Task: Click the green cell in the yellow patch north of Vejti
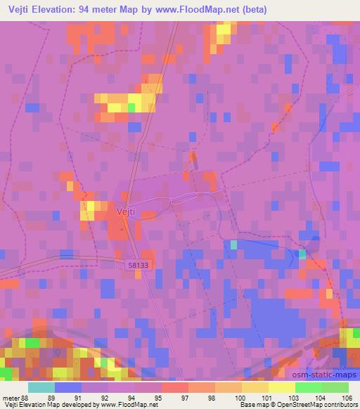131,108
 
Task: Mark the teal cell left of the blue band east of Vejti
233,244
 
